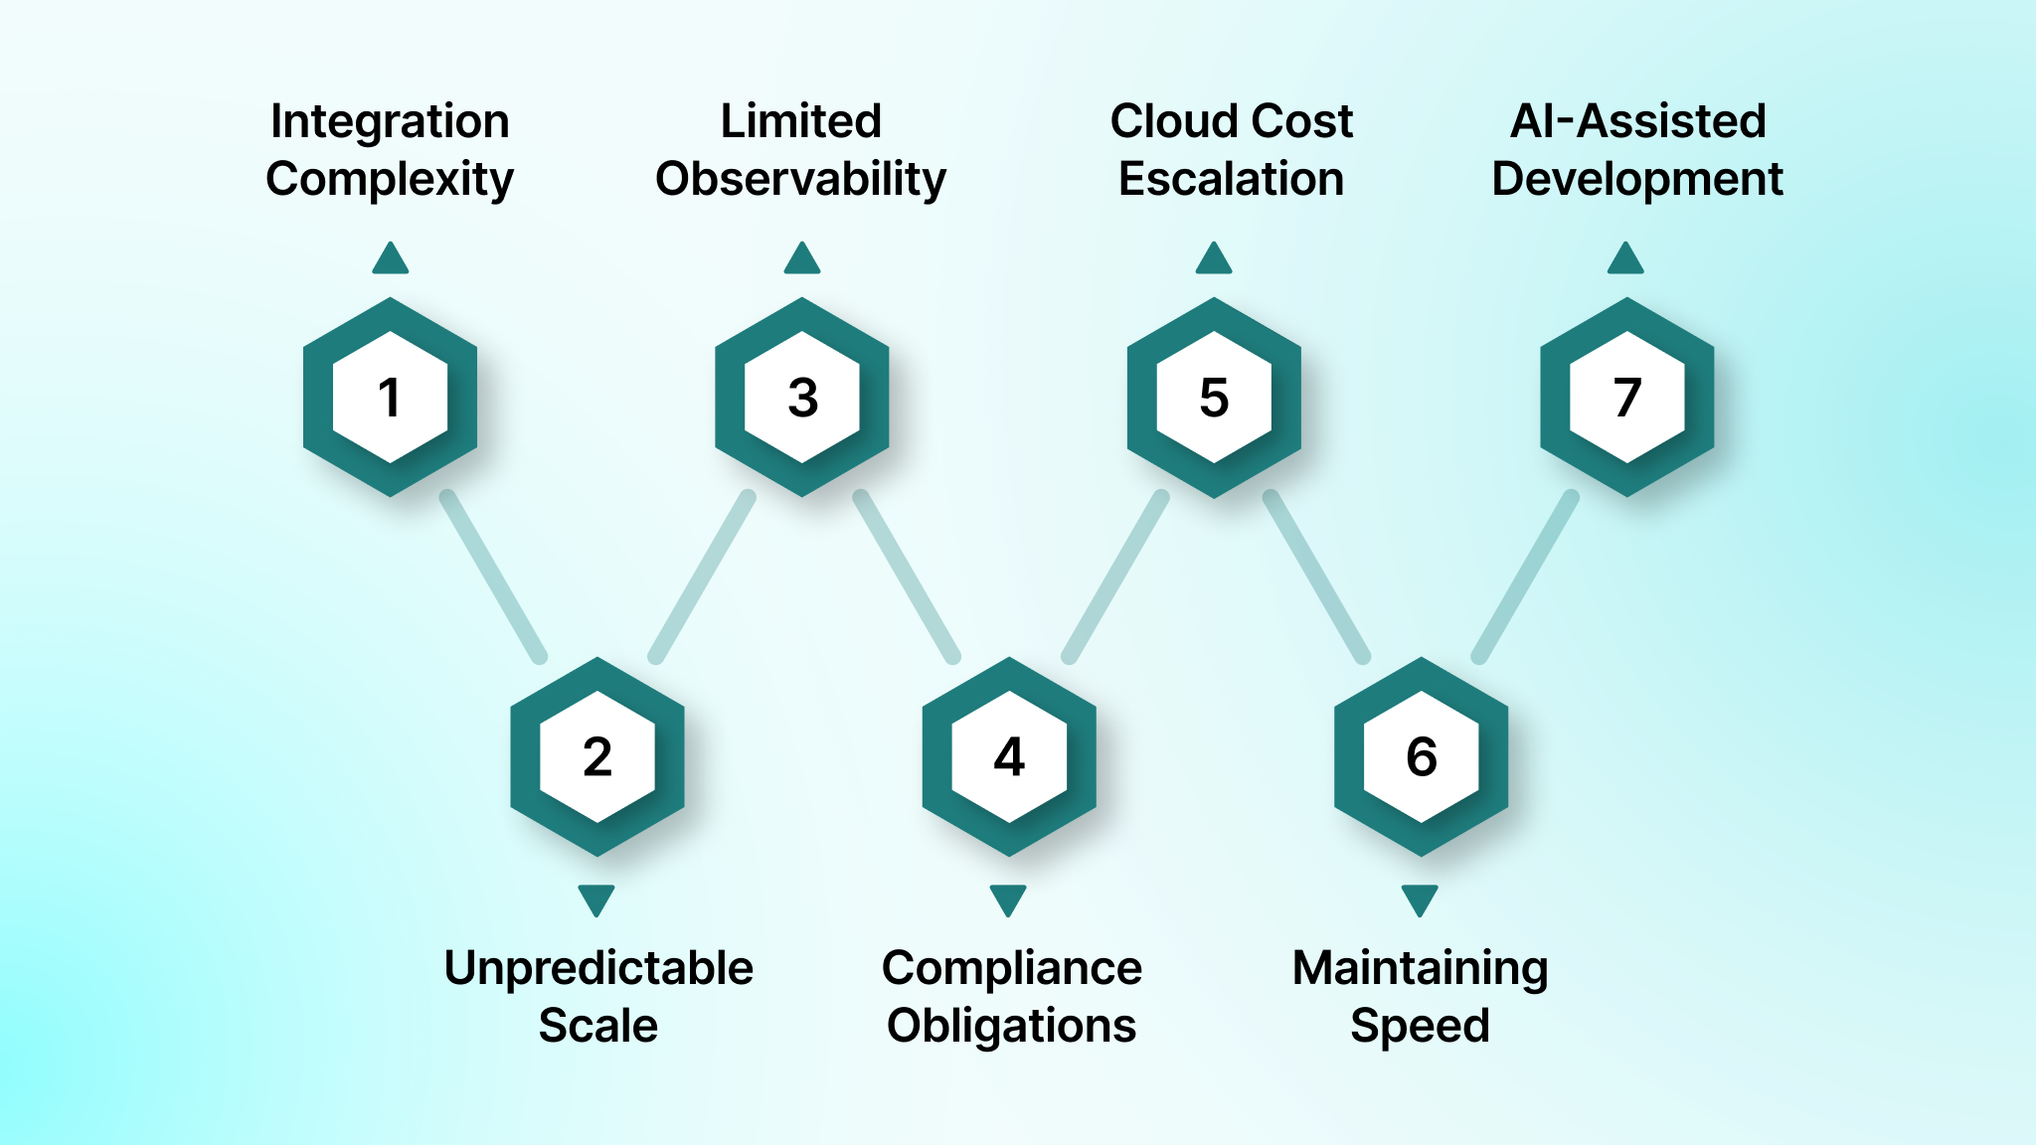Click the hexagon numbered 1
(390, 397)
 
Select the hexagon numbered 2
(596, 756)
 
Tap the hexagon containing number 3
(802, 397)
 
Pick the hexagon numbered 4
(1009, 756)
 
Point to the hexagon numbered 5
(1214, 397)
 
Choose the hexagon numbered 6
(1421, 756)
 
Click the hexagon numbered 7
(1626, 397)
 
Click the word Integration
(390, 122)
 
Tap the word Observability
(800, 180)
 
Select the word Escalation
(1231, 179)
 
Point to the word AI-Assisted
(1637, 121)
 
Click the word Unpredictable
(598, 968)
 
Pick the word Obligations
(1011, 1026)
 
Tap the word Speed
(1420, 1026)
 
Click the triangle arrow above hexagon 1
(391, 259)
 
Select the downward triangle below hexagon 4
(1008, 900)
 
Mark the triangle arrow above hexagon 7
(1625, 259)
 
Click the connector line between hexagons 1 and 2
(493, 576)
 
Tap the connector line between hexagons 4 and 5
(1115, 576)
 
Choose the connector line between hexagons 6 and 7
(1525, 576)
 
